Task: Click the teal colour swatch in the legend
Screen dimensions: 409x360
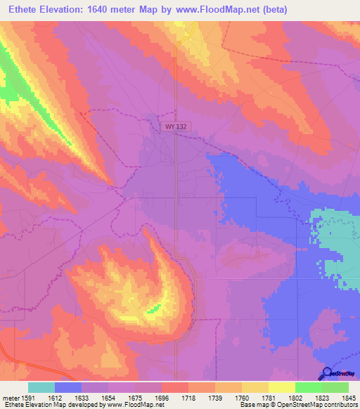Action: point(41,387)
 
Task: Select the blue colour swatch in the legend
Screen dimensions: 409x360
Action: point(68,387)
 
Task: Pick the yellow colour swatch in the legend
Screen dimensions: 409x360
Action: point(281,387)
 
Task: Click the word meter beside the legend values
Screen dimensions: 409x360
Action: point(11,397)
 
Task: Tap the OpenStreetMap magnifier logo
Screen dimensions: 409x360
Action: point(327,375)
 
